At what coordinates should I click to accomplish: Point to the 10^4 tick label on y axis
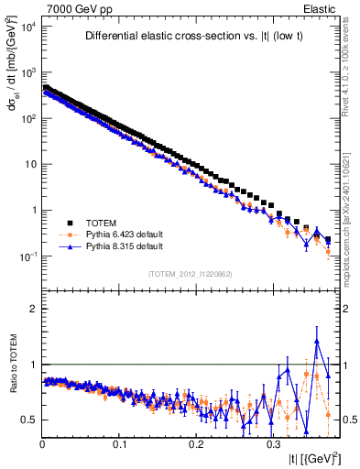[x=28, y=27]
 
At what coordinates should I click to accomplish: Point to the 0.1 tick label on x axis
[x=119, y=442]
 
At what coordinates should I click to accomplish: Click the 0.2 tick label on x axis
[x=196, y=442]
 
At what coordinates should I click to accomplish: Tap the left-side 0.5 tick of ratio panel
[x=29, y=420]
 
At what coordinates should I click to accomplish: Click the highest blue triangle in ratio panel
[x=317, y=341]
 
